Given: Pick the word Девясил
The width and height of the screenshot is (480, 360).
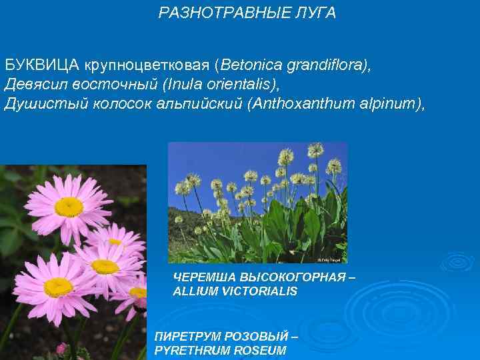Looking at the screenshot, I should coord(34,85).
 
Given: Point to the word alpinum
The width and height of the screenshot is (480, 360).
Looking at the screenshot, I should coord(391,104).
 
